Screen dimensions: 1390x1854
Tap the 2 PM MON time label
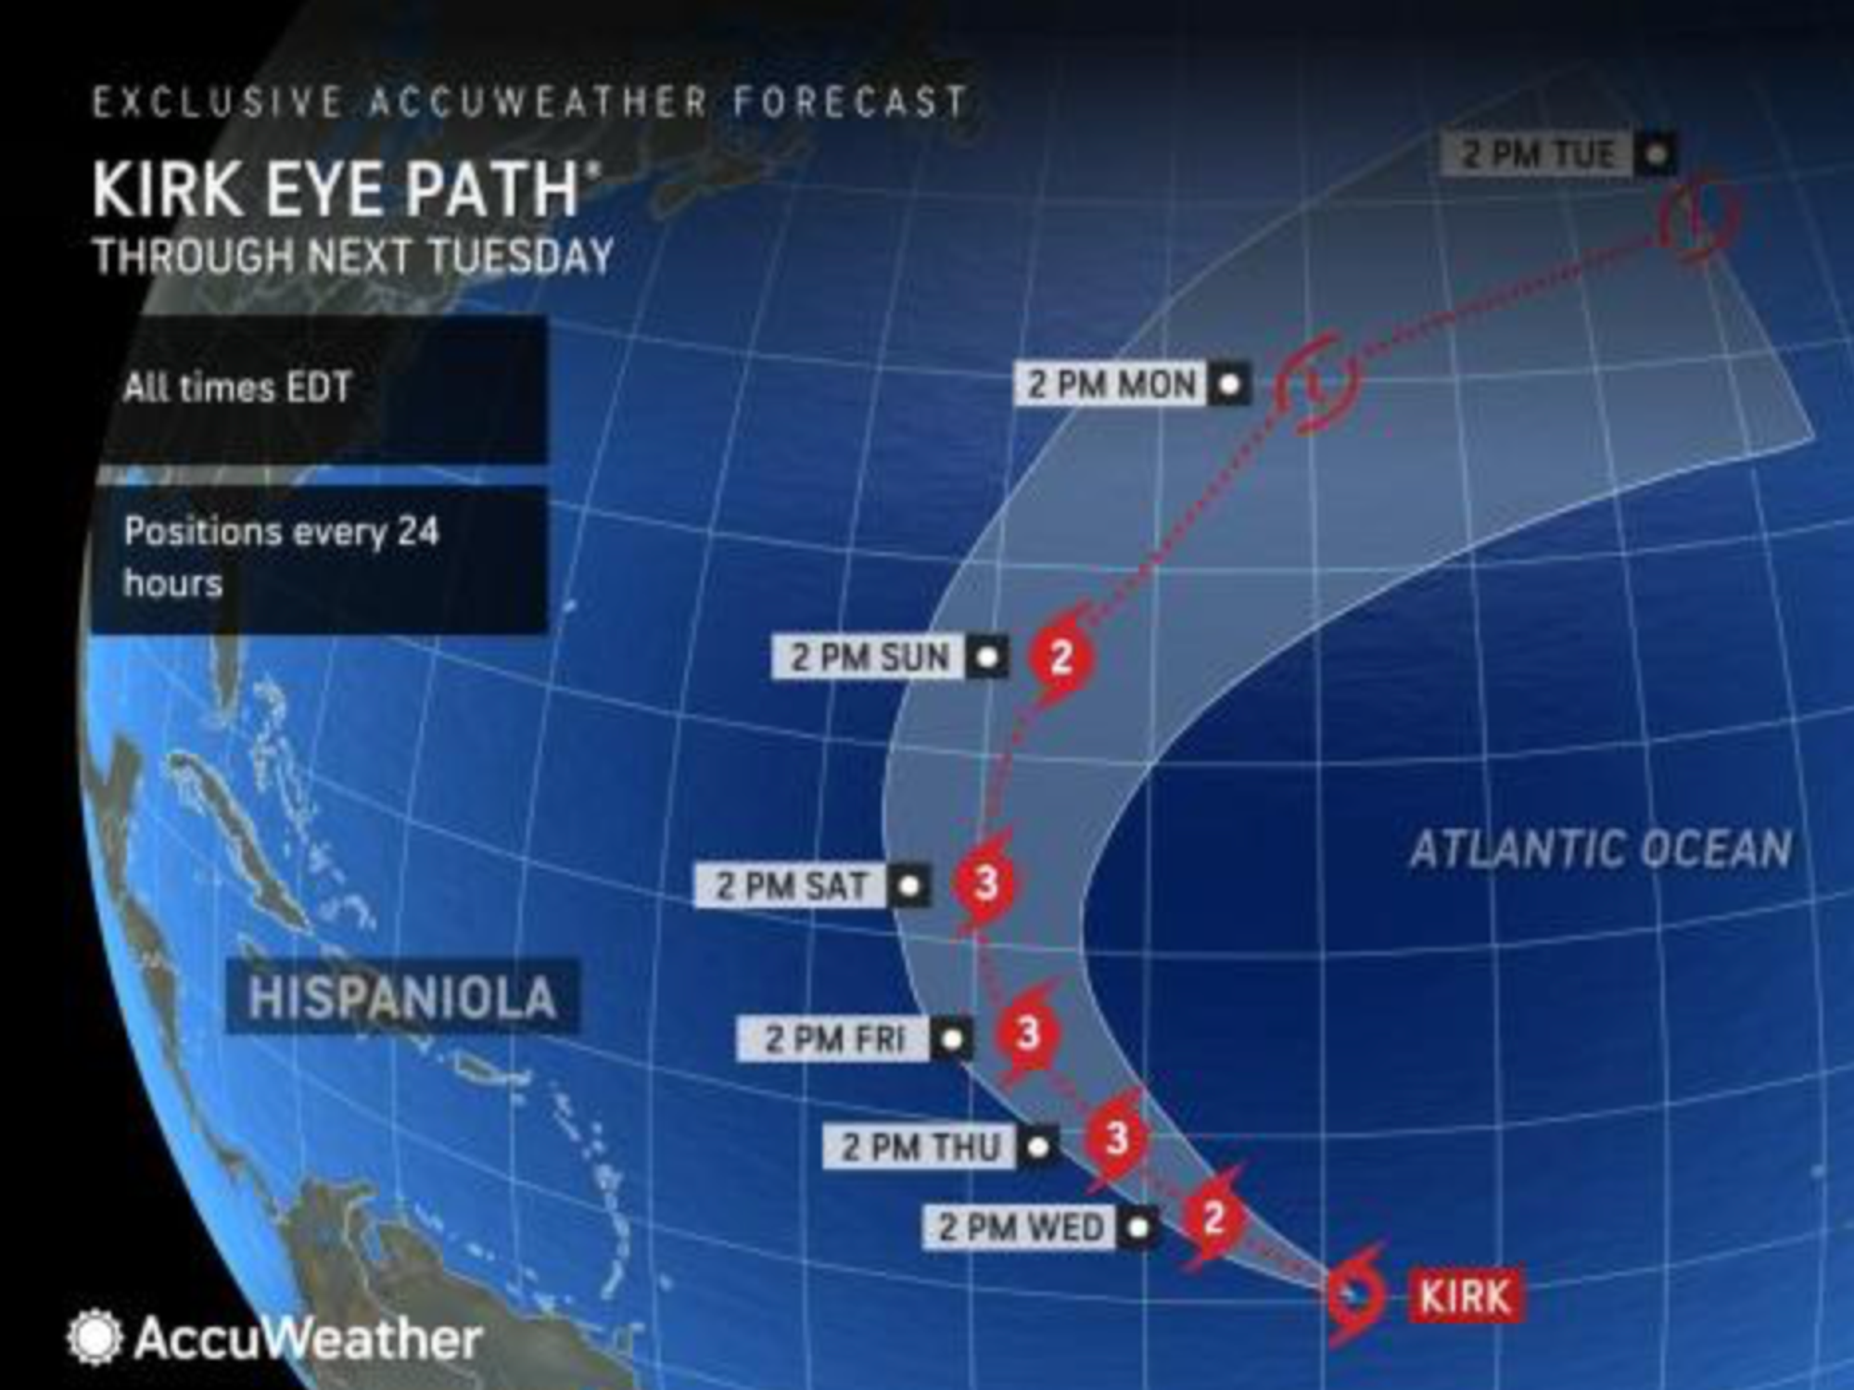1112,383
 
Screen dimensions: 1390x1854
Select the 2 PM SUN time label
870,657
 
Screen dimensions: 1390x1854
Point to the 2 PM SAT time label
792,886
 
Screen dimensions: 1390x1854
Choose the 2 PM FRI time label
833,1039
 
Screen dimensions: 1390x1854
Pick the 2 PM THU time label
921,1147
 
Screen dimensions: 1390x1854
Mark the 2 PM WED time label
1021,1227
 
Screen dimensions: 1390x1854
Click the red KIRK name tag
1465,1295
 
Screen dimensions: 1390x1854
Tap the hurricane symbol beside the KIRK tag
1356,1294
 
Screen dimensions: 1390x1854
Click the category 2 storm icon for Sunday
1060,657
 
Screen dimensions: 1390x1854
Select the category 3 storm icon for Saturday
986,882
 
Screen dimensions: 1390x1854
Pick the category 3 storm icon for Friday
1027,1033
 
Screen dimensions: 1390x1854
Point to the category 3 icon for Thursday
1116,1138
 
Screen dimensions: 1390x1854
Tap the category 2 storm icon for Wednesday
1213,1217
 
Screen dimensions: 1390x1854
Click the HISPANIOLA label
402,998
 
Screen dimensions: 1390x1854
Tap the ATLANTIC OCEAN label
1600,848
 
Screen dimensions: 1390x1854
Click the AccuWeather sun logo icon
94,1337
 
